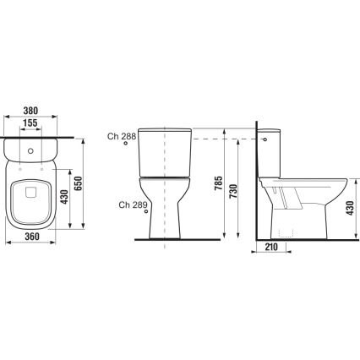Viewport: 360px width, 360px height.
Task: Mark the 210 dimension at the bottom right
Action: point(271,247)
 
